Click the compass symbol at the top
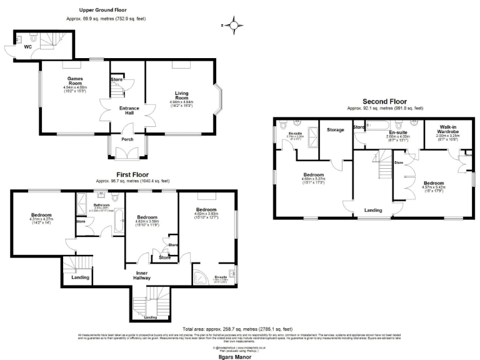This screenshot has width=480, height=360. point(234,26)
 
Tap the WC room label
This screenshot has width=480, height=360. point(28,47)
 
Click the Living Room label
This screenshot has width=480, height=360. point(181,96)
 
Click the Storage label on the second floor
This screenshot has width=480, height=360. point(335,130)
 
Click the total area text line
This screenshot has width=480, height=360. point(237,329)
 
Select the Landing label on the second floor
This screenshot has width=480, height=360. point(373,211)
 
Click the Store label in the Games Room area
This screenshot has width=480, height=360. point(116,80)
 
